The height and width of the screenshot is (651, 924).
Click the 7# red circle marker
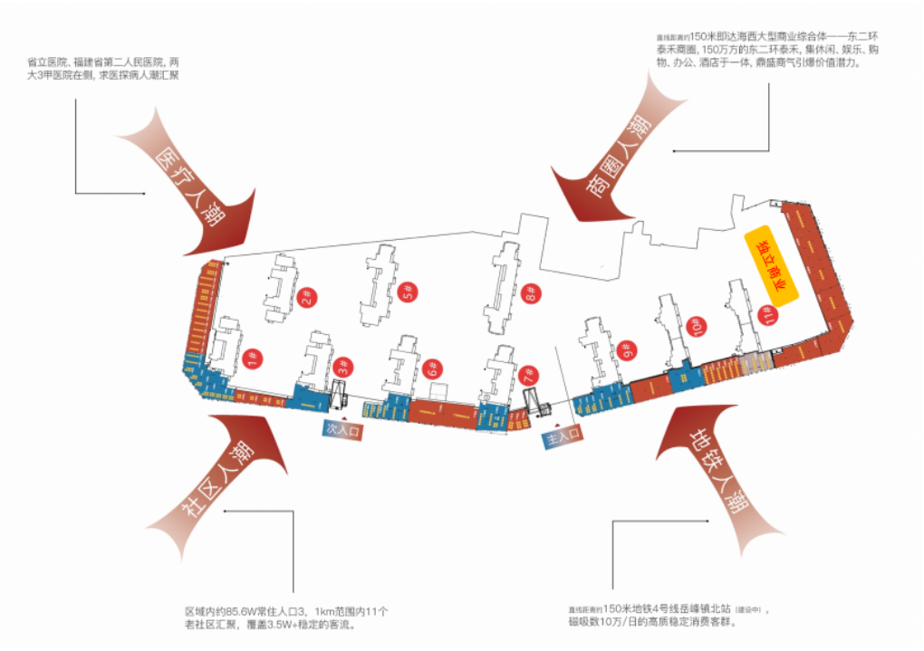point(527,372)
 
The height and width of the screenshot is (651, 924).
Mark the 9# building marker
point(624,349)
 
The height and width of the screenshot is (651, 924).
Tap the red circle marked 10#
point(696,325)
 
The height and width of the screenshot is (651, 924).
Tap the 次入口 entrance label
point(343,430)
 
